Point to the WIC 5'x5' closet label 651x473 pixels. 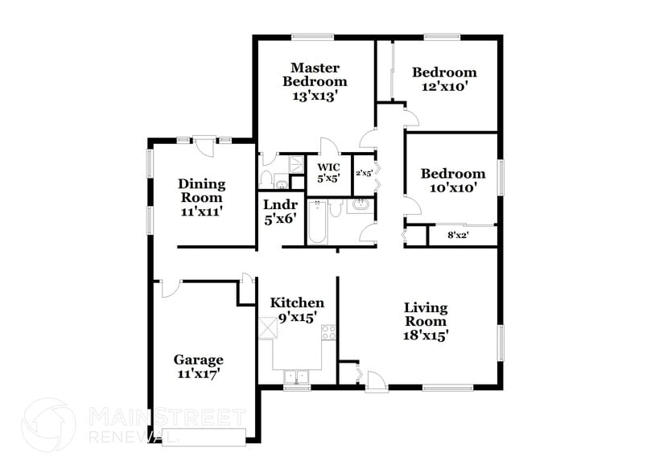tap(329, 172)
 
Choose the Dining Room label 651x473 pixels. tap(201, 197)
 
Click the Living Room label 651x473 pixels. tap(426, 321)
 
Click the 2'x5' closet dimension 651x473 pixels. tap(365, 172)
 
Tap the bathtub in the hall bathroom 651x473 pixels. tap(315, 223)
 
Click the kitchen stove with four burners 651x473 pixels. tap(328, 332)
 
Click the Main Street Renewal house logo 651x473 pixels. tap(48, 425)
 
